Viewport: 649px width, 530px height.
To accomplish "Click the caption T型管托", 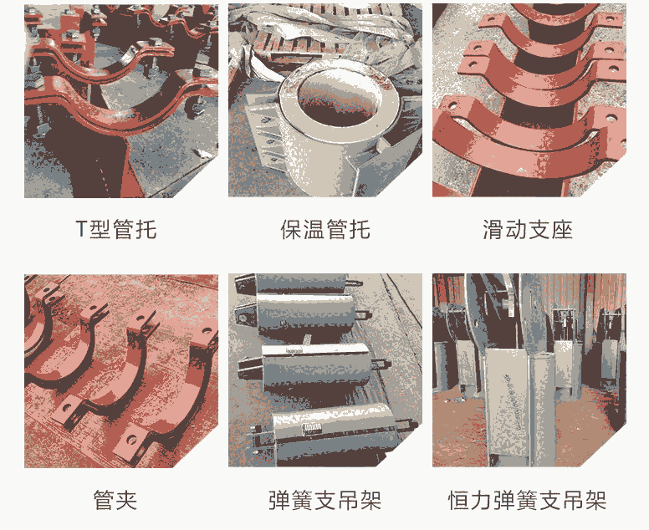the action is (116, 229).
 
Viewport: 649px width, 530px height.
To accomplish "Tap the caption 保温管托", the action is (324, 229).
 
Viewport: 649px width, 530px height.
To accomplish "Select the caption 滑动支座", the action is (528, 229).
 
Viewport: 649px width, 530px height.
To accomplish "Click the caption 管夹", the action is (115, 499).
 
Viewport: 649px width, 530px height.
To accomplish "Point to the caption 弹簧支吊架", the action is (324, 499).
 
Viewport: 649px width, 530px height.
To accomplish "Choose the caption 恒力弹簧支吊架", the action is (528, 499).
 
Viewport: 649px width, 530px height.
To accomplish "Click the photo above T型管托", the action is (121, 101).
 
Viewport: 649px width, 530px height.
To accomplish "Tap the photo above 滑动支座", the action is (529, 100).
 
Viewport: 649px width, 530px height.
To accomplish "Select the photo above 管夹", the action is (121, 370).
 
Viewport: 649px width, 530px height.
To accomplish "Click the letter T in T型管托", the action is (81, 229).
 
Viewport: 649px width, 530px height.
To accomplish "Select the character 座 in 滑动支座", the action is (562, 229).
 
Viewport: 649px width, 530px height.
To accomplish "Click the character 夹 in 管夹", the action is (126, 499).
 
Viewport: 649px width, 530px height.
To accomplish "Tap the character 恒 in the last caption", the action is (459, 499).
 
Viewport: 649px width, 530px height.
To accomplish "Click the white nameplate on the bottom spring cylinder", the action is (311, 429).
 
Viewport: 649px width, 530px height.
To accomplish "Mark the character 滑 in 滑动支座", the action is (493, 229).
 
